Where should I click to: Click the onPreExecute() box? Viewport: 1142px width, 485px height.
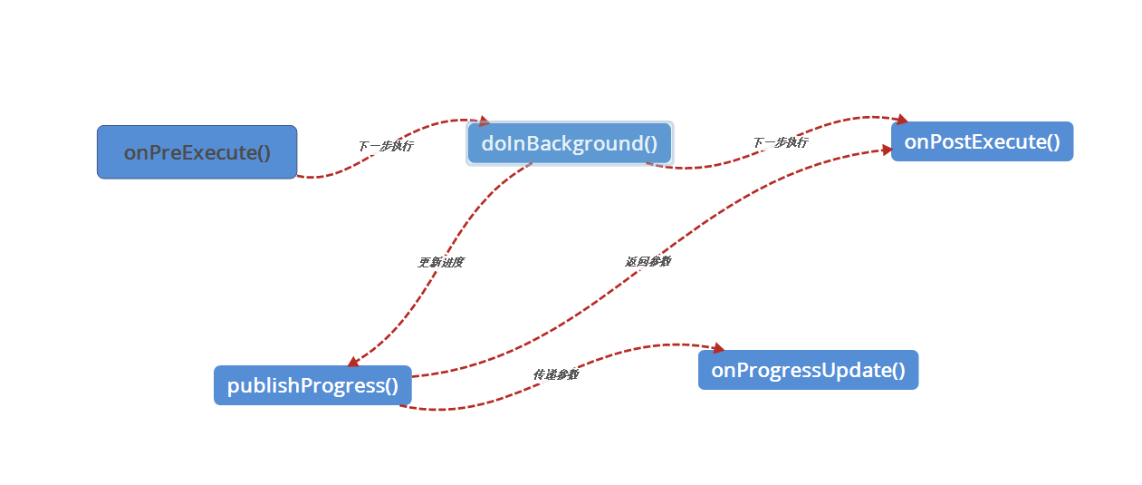197,152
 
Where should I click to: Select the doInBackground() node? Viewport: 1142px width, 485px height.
569,143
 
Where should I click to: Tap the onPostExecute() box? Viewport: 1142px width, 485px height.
982,141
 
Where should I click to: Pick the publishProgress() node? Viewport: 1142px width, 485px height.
312,385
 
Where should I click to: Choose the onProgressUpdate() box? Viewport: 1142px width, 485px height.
808,370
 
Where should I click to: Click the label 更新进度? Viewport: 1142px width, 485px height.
440,262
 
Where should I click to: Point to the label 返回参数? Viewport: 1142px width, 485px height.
648,261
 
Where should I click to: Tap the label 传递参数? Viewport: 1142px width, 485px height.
555,374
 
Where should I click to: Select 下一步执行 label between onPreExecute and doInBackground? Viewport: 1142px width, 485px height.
385,145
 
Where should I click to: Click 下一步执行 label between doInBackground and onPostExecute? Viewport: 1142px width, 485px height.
780,142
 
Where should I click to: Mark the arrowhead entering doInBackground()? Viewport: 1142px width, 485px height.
484,121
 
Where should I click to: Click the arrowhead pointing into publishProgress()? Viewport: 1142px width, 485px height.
353,363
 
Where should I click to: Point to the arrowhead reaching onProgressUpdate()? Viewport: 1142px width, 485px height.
719,348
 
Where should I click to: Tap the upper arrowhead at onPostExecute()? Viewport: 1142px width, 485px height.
902,119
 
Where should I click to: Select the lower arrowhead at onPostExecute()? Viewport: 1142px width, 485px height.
888,150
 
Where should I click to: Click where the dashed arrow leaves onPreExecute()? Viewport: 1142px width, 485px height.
299,176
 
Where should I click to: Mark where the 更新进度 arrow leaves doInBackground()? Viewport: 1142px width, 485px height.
531,165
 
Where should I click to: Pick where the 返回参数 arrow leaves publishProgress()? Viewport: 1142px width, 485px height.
414,375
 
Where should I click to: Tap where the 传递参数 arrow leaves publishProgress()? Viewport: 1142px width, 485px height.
401,405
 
